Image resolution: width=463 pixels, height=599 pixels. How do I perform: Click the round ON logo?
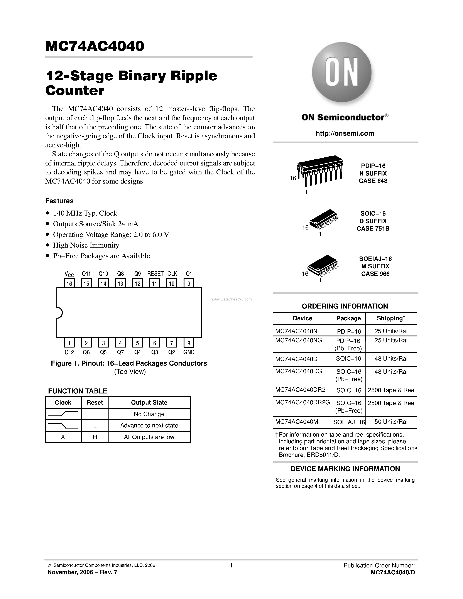click(342, 73)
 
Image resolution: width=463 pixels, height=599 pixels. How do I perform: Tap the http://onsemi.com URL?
click(345, 133)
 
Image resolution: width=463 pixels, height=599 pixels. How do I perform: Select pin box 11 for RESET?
click(154, 283)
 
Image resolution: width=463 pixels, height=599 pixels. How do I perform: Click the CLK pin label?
click(172, 273)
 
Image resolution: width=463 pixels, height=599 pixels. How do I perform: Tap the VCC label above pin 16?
click(69, 274)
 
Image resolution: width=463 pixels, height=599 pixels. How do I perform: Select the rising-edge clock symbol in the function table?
click(63, 414)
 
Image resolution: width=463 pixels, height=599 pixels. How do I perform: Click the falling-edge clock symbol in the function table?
click(63, 425)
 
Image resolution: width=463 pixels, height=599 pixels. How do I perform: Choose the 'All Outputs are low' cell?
click(149, 437)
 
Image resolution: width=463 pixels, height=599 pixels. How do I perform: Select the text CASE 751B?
click(373, 228)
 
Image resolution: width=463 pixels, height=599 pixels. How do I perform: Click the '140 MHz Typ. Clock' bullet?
click(85, 213)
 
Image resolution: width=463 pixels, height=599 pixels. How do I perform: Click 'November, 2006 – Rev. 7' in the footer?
click(82, 572)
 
